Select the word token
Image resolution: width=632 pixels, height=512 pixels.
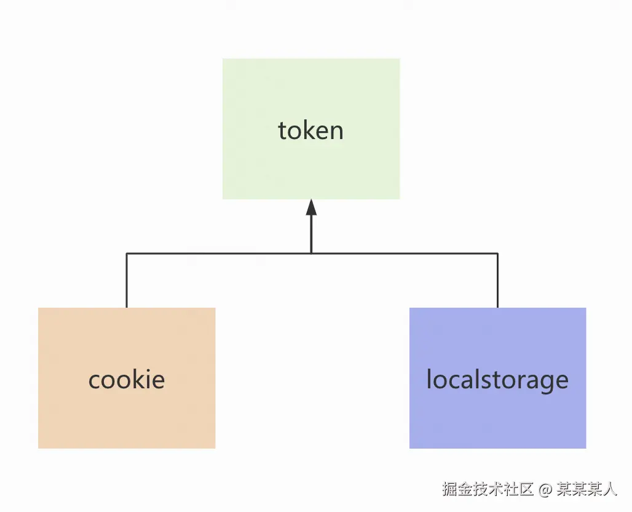coord(310,130)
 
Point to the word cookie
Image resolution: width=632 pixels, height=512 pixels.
coord(126,379)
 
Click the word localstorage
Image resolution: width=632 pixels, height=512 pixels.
coord(497,379)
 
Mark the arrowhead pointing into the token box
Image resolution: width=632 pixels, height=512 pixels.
coord(311,207)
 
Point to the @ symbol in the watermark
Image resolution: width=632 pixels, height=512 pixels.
coord(545,490)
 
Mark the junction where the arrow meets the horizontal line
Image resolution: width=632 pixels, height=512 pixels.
coord(311,253)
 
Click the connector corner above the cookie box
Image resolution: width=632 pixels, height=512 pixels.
coord(126,253)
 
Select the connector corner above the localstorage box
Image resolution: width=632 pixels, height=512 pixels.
coord(497,253)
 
